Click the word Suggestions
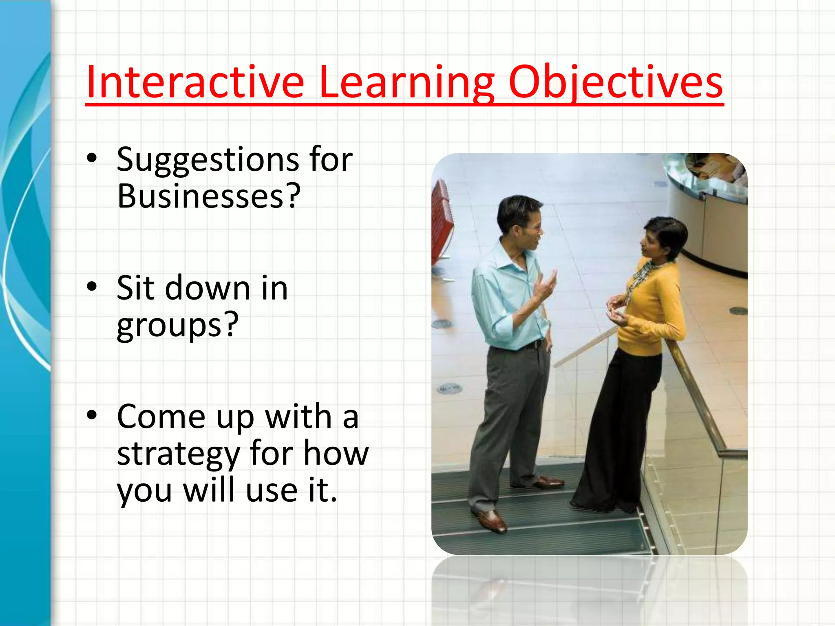(207, 160)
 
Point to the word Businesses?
(209, 196)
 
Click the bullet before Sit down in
(92, 287)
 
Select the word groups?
(177, 325)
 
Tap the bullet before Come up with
(92, 415)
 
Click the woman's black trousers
(620, 428)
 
